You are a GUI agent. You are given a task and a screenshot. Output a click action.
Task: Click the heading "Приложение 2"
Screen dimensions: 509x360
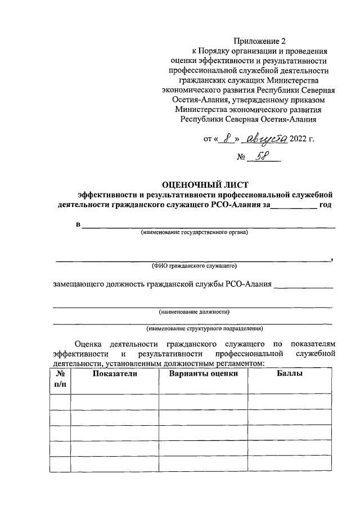(x=255, y=41)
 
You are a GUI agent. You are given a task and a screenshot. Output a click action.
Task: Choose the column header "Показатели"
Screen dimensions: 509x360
(x=115, y=374)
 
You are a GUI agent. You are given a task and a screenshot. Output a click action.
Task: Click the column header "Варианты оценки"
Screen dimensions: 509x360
(x=203, y=374)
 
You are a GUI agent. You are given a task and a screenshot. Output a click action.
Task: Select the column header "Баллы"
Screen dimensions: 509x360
(x=290, y=374)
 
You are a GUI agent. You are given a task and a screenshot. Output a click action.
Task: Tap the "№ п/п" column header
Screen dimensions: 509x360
(x=60, y=380)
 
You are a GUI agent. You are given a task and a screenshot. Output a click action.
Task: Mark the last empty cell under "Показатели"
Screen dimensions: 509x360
(x=115, y=465)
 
